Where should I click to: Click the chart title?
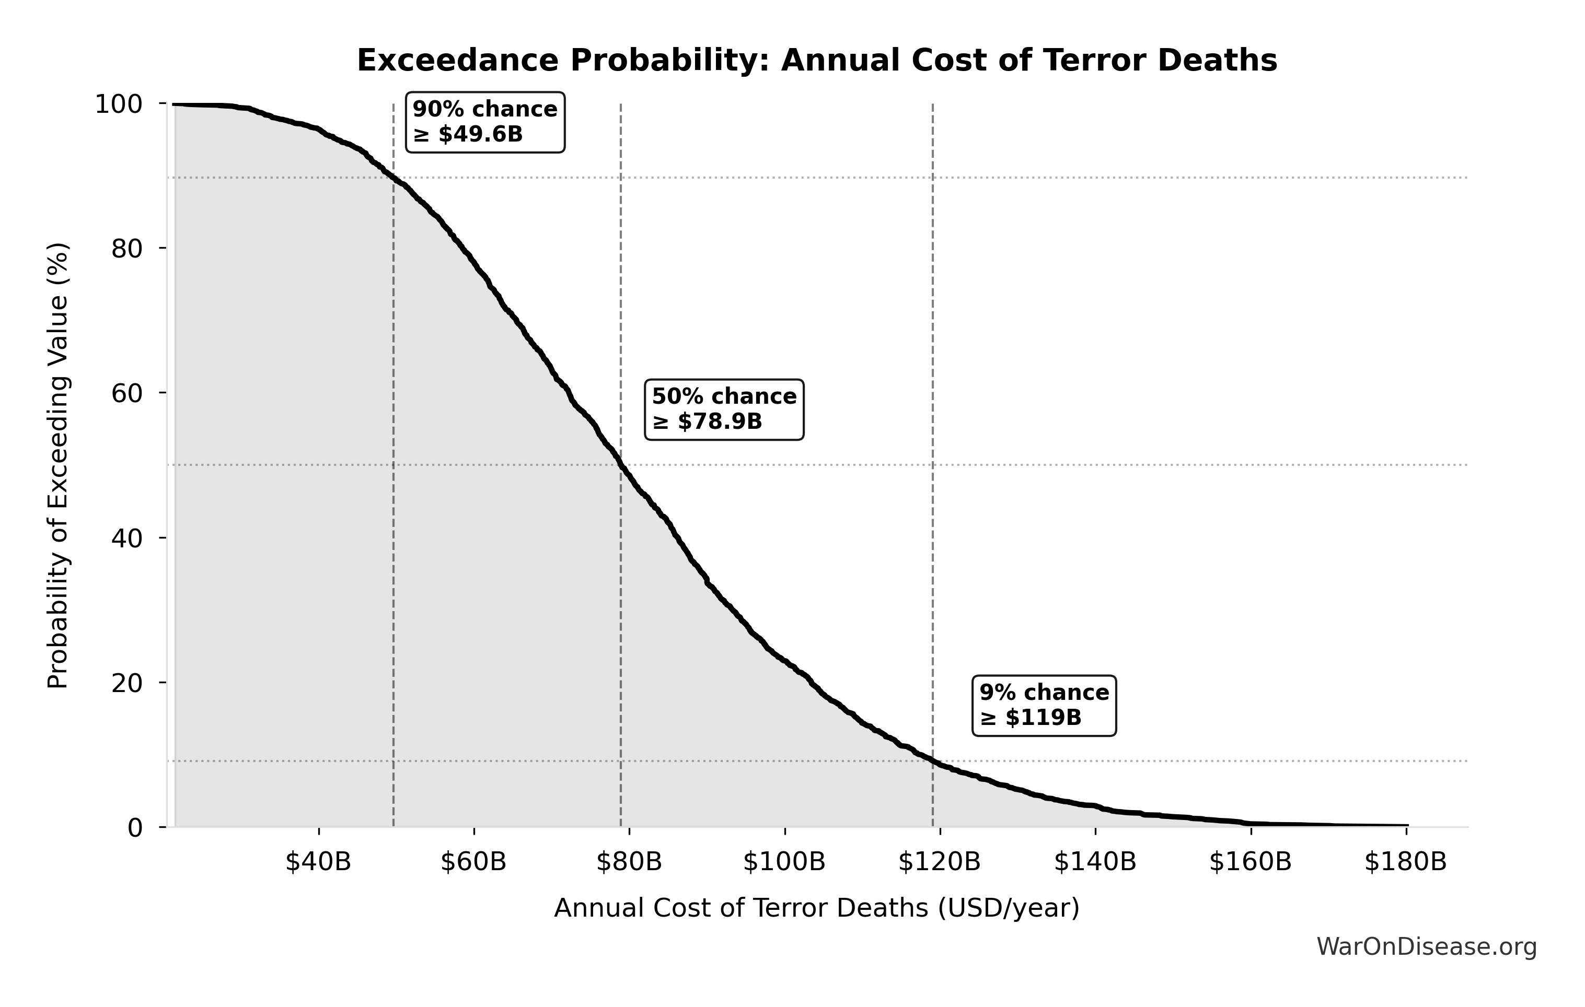pyautogui.click(x=817, y=61)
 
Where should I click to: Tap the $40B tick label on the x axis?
pyautogui.click(x=319, y=862)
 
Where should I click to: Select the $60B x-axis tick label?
pyautogui.click(x=474, y=862)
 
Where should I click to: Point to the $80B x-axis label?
pyautogui.click(x=629, y=862)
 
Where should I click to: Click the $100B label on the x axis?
pyautogui.click(x=784, y=862)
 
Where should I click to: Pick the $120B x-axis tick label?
pyautogui.click(x=940, y=862)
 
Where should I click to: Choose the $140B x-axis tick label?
pyautogui.click(x=1095, y=862)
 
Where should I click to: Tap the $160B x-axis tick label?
pyautogui.click(x=1251, y=862)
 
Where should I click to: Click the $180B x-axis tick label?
pyautogui.click(x=1406, y=862)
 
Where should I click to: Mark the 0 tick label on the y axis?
pyautogui.click(x=135, y=828)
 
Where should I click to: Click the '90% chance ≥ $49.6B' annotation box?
pyautogui.click(x=485, y=122)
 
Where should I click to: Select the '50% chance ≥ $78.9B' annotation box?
pyautogui.click(x=724, y=409)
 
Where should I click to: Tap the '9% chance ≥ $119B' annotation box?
pyautogui.click(x=1044, y=705)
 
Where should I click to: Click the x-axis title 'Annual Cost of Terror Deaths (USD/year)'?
pyautogui.click(x=817, y=908)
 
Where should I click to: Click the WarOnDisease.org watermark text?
pyautogui.click(x=1426, y=947)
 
